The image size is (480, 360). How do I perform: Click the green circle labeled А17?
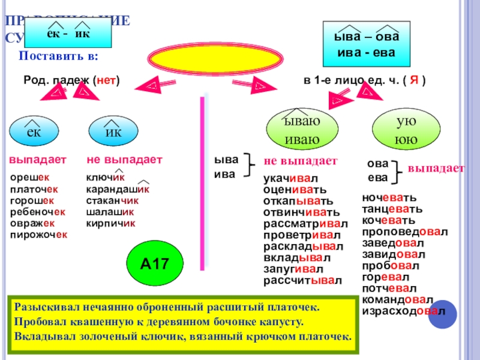[153, 263]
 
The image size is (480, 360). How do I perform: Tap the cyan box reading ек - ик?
[68, 33]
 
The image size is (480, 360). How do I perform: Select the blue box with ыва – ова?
[366, 44]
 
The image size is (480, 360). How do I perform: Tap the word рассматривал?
[305, 224]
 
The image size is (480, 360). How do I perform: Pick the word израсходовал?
[403, 311]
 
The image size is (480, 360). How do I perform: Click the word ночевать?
[389, 197]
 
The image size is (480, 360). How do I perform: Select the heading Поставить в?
[59, 56]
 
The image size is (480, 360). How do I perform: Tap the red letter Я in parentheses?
[413, 80]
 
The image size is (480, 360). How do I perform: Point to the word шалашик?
[110, 212]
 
